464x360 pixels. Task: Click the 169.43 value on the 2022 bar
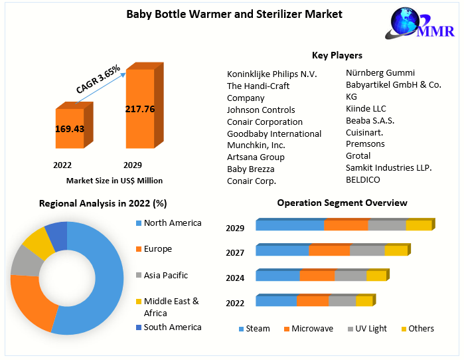(x=69, y=129)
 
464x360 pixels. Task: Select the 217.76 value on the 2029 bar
(x=139, y=109)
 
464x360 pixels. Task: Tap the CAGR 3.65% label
(x=98, y=80)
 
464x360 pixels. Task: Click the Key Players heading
(x=337, y=55)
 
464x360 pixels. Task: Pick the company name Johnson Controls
(x=261, y=110)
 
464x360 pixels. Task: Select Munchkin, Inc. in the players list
(x=256, y=145)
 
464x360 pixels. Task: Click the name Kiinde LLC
(x=366, y=108)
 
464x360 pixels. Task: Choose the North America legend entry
(x=172, y=223)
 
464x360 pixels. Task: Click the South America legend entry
(x=172, y=327)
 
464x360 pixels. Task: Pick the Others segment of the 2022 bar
(x=364, y=302)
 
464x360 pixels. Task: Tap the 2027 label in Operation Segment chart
(x=235, y=253)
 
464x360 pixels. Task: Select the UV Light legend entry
(x=370, y=329)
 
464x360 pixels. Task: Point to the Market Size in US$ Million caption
(x=114, y=181)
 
